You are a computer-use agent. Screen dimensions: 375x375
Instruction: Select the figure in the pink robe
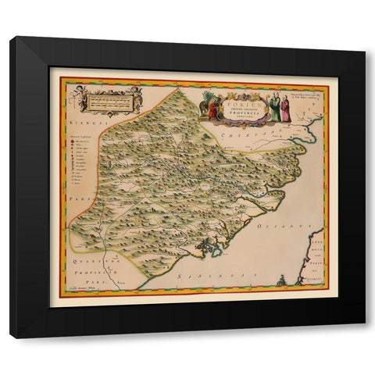[286, 109]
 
